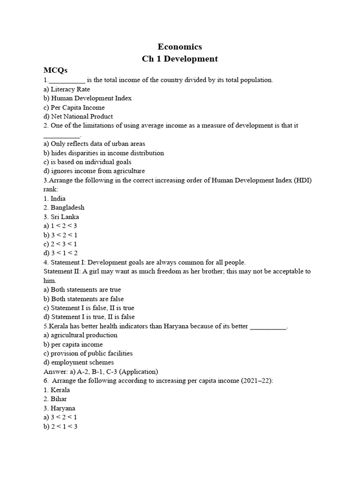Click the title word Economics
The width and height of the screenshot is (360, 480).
tap(180, 47)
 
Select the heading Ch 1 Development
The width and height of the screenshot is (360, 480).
tap(180, 59)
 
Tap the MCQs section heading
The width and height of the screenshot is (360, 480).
tap(56, 70)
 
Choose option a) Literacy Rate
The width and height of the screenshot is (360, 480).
tap(67, 89)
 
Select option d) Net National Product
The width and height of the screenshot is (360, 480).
tap(78, 117)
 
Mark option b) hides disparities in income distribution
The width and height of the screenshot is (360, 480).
tap(104, 153)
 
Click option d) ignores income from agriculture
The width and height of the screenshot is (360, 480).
tap(94, 171)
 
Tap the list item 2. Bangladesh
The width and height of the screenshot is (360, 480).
tap(64, 208)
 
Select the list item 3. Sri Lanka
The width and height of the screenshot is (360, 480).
tap(61, 217)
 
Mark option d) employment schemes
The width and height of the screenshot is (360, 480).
tap(78, 362)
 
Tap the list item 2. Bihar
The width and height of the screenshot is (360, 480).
tap(55, 399)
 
